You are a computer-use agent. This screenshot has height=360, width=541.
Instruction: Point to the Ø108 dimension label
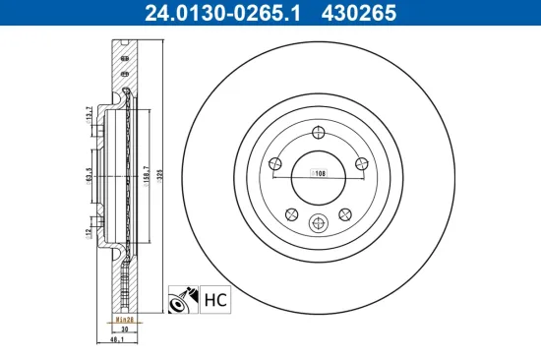[318, 173]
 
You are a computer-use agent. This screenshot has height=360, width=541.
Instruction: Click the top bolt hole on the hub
[317, 135]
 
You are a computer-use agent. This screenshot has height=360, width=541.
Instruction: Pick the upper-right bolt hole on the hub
[359, 159]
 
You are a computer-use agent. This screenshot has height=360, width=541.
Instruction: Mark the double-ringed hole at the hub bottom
[317, 223]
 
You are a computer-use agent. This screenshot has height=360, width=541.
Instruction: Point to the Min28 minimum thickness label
[123, 321]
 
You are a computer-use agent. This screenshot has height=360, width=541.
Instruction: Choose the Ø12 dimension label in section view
[90, 233]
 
